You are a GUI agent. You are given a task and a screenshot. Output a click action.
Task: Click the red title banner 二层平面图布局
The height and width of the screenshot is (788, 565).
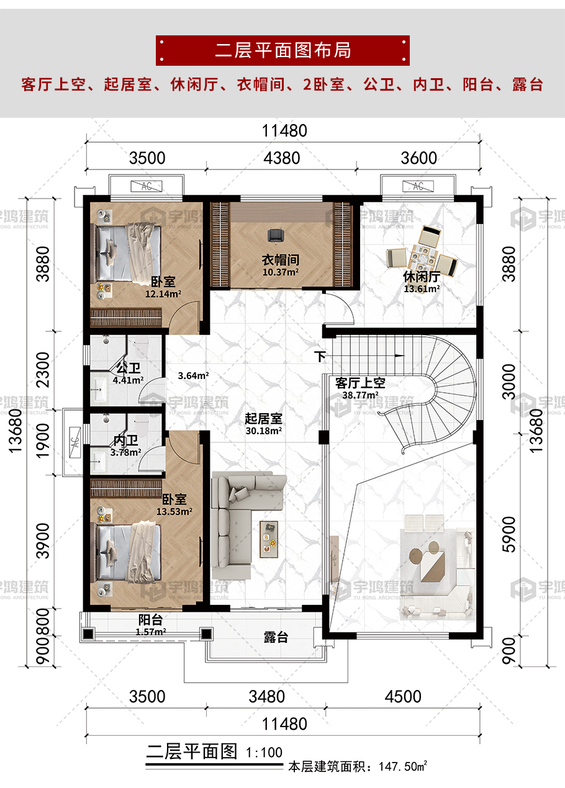click(282, 50)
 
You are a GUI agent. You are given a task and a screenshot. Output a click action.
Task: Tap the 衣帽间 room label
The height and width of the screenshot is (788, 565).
click(281, 260)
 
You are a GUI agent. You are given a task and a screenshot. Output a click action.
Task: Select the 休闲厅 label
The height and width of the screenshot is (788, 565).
click(422, 277)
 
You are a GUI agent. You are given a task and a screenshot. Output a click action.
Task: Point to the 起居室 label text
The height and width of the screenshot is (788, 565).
click(264, 419)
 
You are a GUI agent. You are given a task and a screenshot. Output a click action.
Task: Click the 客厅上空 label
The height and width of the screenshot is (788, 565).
click(360, 383)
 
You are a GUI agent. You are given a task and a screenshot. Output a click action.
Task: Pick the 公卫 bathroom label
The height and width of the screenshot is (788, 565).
click(128, 369)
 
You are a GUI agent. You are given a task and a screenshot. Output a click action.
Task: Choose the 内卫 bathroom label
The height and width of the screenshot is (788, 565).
click(125, 441)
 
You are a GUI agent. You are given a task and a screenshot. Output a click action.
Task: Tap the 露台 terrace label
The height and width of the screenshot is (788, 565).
click(276, 637)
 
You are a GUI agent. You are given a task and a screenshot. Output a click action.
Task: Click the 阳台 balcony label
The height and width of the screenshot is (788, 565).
click(150, 620)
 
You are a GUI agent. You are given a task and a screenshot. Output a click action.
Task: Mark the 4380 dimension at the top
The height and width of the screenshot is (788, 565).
click(282, 158)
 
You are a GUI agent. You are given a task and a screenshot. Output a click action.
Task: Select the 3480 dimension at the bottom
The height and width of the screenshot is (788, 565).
click(266, 697)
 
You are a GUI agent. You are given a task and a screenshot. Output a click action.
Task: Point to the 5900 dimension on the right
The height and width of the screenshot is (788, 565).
click(508, 534)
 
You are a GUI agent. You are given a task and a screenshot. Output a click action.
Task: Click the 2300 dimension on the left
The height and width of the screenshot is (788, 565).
click(43, 370)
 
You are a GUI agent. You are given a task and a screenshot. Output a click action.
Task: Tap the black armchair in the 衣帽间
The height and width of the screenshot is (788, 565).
click(276, 235)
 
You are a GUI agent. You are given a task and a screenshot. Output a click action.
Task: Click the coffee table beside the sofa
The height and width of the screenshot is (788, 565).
click(269, 539)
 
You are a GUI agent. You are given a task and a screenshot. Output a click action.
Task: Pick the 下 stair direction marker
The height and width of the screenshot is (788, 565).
click(320, 356)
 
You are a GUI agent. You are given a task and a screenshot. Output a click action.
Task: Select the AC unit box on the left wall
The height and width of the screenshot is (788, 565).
click(75, 442)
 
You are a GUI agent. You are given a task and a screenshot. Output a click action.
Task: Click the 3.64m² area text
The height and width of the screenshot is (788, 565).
click(193, 376)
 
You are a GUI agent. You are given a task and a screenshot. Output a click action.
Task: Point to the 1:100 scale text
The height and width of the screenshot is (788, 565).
click(264, 753)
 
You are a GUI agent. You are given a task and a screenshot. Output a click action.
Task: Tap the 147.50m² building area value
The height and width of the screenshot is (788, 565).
click(403, 766)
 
